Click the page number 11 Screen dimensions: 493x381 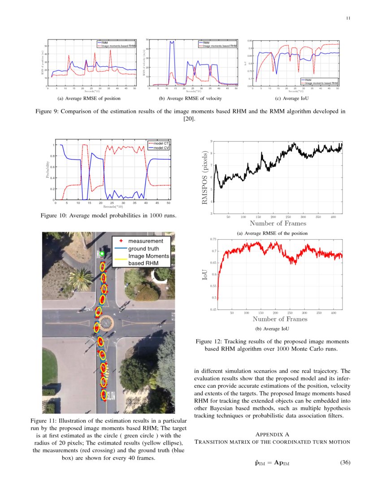point(348,18)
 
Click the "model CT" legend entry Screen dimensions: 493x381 point(160,143)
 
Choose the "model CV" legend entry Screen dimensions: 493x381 point(160,147)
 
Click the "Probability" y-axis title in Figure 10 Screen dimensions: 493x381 point(47,170)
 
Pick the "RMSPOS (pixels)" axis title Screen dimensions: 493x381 point(205,177)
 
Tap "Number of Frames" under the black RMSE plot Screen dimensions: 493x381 point(278,223)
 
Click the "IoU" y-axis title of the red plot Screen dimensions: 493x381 point(204,274)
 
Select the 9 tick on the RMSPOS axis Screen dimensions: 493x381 point(211,142)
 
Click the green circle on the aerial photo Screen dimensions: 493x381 point(102,254)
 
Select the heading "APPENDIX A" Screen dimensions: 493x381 point(272,434)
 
